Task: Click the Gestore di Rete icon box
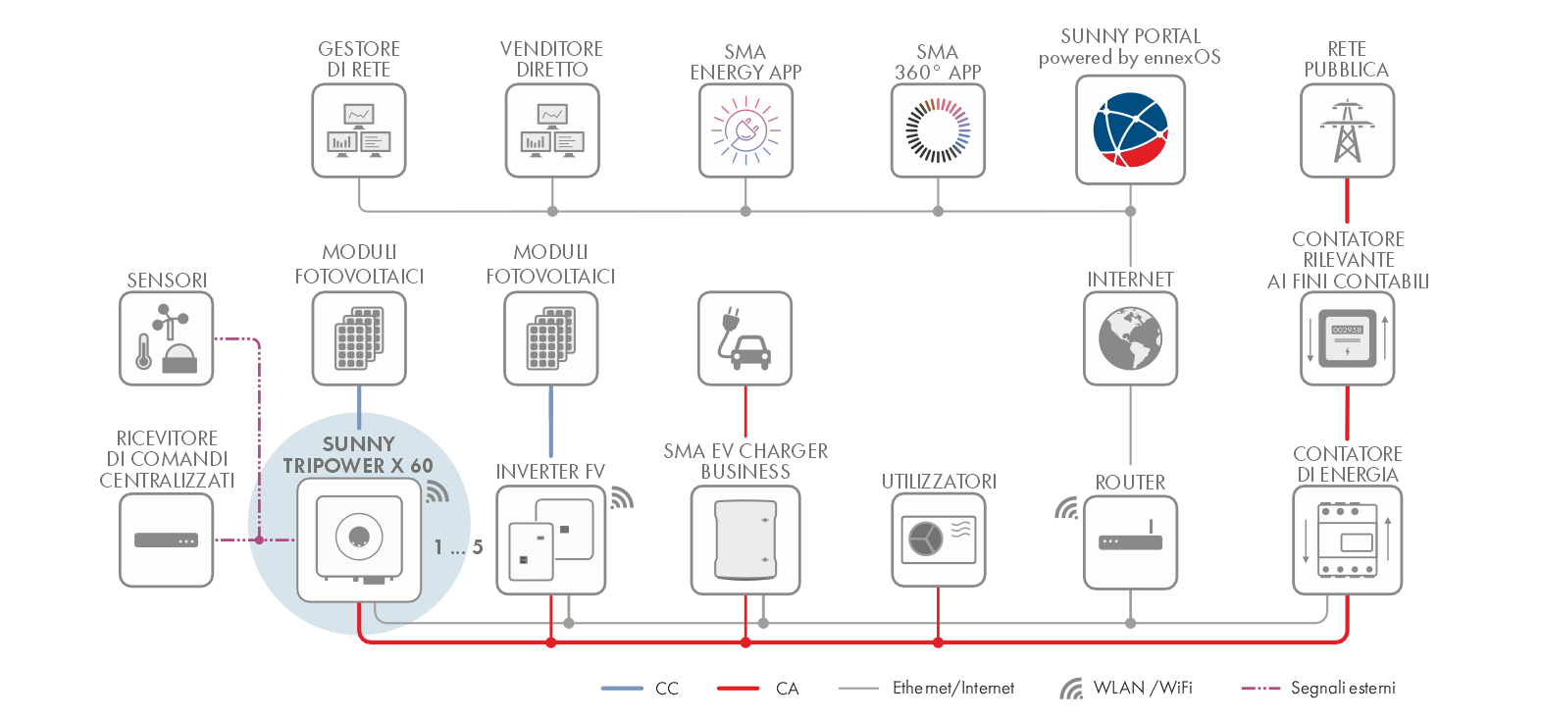pos(359,130)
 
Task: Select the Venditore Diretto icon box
pos(552,130)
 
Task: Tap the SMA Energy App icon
pos(745,130)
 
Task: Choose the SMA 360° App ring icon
pos(938,130)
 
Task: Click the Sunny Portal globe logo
pos(1130,129)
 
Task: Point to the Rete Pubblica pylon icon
pos(1347,130)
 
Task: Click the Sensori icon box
pos(167,338)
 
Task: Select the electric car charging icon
pos(745,338)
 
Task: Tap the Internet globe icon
pos(1130,338)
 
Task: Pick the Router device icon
pos(1130,541)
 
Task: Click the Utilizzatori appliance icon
pos(938,539)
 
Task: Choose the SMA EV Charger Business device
pos(745,539)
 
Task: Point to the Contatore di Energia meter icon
pos(1347,540)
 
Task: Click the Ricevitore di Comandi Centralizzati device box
pos(167,539)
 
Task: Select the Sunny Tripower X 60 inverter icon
pos(359,539)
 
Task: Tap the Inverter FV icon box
pos(550,539)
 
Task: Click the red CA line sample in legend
pos(738,689)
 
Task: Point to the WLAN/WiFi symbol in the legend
pos(1071,689)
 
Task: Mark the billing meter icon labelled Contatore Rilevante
pos(1347,338)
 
